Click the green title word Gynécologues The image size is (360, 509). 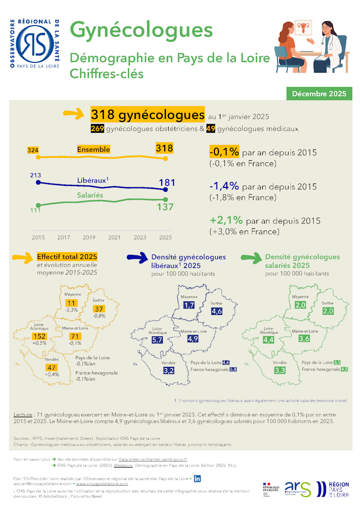coord(141,30)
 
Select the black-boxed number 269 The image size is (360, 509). coord(97,129)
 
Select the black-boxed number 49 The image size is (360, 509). coord(211,129)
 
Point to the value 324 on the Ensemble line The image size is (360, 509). coord(33,150)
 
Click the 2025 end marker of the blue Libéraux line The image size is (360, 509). coord(166,189)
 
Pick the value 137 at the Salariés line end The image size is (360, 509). coord(166,207)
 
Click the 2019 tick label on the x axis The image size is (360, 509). coord(89,237)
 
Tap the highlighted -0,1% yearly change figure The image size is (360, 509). coord(224,151)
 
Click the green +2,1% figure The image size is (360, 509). coord(226,220)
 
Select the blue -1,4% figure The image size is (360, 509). coord(224,186)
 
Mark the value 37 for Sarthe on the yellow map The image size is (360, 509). coord(99,309)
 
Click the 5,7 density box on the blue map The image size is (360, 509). coord(157,340)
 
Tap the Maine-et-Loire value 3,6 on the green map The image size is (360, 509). coord(304,339)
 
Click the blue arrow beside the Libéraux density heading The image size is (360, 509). coord(137,257)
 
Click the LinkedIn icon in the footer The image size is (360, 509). coord(197,478)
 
